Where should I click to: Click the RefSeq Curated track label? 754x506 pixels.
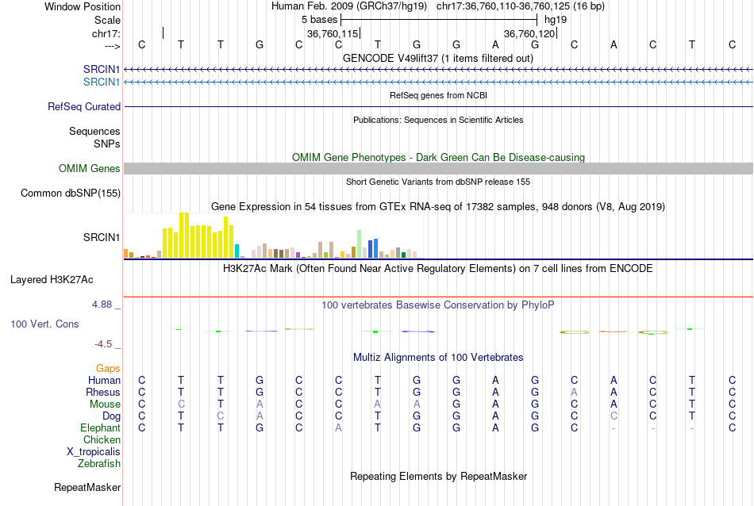point(84,106)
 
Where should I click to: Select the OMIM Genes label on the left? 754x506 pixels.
point(90,168)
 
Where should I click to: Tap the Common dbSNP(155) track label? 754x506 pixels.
point(71,193)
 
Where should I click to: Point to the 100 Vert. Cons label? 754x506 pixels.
point(44,324)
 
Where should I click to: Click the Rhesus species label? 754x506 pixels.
point(103,393)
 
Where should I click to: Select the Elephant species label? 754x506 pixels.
point(100,428)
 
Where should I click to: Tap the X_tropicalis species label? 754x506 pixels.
point(94,452)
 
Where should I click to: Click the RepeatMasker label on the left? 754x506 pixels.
point(87,487)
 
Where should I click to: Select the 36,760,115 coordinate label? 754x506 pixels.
point(333,34)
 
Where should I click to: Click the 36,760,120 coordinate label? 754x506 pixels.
point(529,34)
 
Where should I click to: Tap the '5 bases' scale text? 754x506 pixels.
point(320,18)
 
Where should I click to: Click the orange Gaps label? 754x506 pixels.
point(108,369)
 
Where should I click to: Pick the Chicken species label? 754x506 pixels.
point(102,440)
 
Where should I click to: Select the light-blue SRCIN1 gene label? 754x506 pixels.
point(102,82)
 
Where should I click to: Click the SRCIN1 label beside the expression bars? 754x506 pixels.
point(102,237)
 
